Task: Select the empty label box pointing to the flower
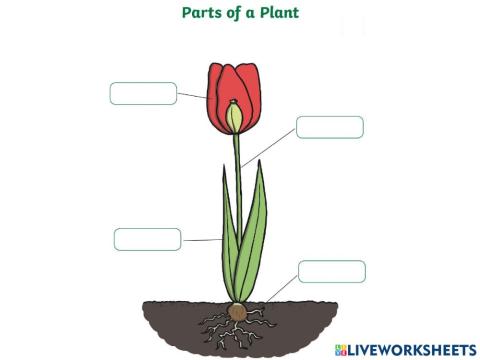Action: tap(142, 93)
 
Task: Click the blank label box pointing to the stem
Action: tap(329, 127)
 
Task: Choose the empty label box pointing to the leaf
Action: tap(147, 239)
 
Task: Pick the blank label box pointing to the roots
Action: tap(331, 271)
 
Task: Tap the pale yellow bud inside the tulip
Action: tap(235, 117)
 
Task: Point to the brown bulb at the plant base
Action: tap(237, 311)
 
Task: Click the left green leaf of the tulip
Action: tap(229, 245)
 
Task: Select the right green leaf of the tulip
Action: tap(254, 235)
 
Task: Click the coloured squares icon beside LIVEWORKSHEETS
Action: tap(342, 349)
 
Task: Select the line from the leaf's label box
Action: tap(201, 240)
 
